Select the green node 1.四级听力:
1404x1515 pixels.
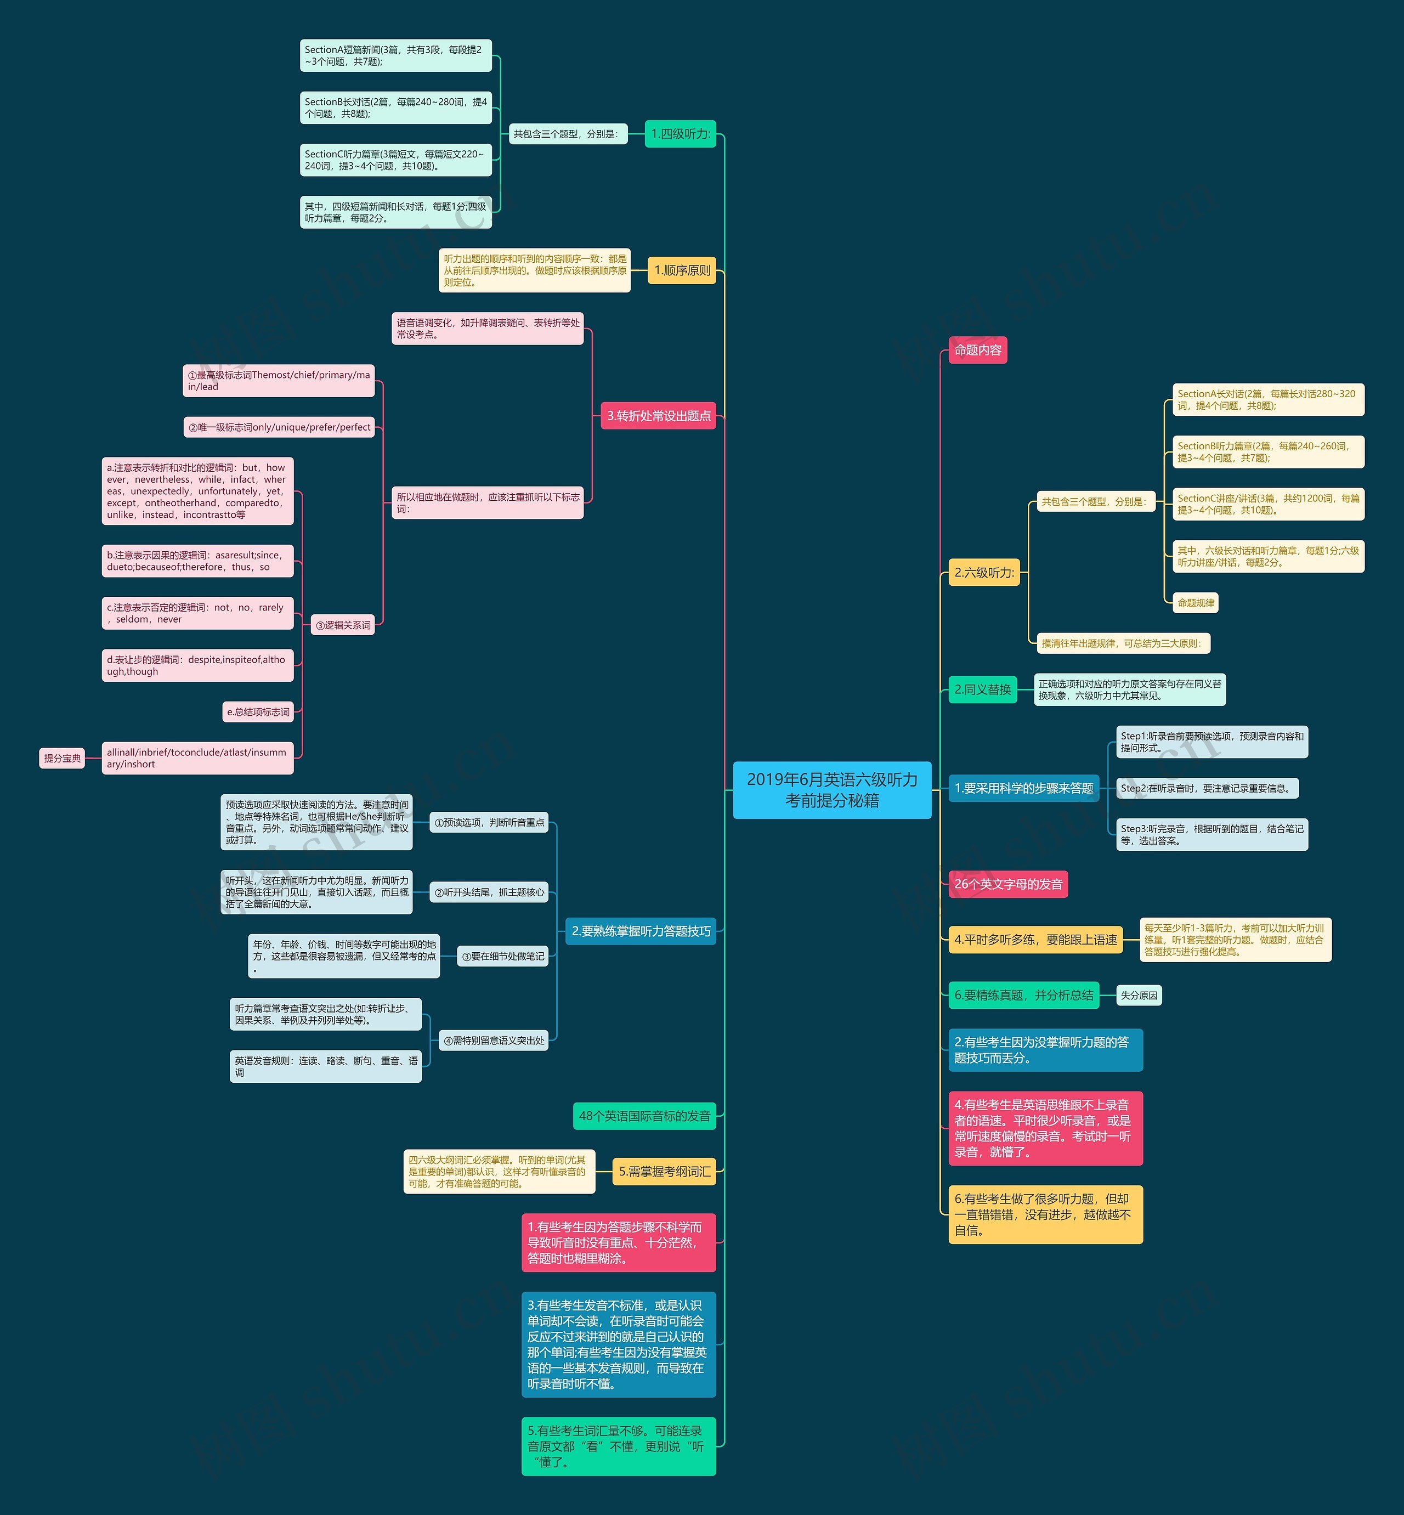680,134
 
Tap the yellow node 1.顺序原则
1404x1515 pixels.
682,270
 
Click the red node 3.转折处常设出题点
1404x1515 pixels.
658,416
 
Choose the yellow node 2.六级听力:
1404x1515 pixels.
984,572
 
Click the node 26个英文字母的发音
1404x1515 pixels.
1007,884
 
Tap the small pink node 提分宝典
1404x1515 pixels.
61,758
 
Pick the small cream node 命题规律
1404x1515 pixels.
1195,602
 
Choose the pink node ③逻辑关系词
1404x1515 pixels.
343,625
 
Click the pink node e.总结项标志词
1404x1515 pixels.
258,712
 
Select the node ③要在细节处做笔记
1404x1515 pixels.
503,957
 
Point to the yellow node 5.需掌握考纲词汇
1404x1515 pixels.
664,1172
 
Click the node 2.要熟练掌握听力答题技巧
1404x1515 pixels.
641,931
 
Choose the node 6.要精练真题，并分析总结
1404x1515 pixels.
1023,996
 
